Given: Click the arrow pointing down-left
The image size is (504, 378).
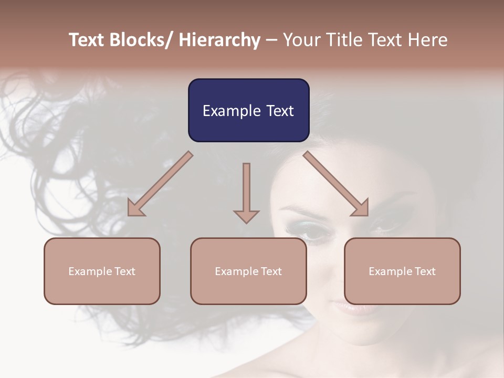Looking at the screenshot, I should pos(160,184).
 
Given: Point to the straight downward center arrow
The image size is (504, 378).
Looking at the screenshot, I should pos(246,192).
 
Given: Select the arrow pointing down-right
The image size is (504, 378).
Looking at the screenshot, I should pos(337,184).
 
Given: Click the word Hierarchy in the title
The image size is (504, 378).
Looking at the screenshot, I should pos(219,40).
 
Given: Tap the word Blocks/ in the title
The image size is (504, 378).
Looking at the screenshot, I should pos(142,40).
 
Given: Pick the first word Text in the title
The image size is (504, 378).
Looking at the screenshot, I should pos(87,40).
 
